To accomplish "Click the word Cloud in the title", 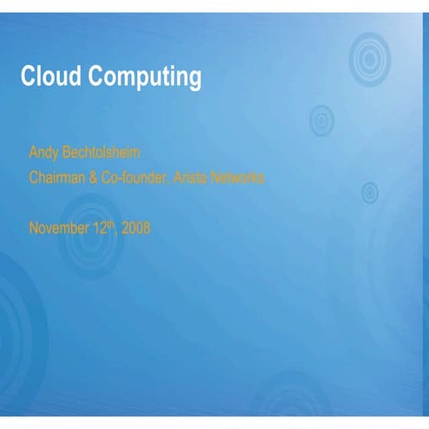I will pyautogui.click(x=48, y=77).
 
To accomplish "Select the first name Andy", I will pyautogui.click(x=42, y=153).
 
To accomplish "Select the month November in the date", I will pyautogui.click(x=58, y=229).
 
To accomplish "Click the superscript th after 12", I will pyautogui.click(x=110, y=224).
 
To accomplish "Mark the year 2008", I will pyautogui.click(x=136, y=229).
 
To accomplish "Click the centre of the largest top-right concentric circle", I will pyautogui.click(x=369, y=58).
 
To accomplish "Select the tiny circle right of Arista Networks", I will pyautogui.click(x=369, y=192).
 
